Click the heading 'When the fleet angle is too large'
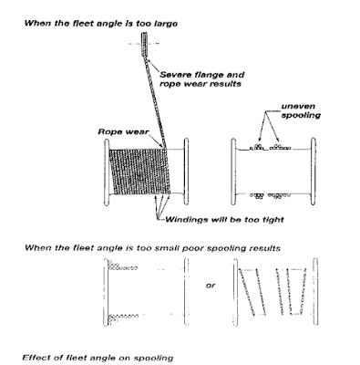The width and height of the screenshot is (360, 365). [x=101, y=24]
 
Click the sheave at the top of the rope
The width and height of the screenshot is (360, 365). [x=145, y=44]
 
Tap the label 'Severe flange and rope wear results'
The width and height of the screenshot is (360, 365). [x=201, y=79]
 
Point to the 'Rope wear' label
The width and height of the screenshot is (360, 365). [x=123, y=131]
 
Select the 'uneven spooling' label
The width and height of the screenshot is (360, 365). [x=300, y=110]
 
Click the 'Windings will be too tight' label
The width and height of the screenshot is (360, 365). [x=224, y=220]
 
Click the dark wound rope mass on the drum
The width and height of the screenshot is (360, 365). [x=139, y=172]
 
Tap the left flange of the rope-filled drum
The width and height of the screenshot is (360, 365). [x=107, y=172]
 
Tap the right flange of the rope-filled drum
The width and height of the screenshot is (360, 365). [x=186, y=172]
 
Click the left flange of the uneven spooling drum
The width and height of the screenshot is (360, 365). [x=233, y=172]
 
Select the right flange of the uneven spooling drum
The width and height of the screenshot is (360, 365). [x=314, y=172]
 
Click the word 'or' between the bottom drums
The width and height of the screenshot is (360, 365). [x=211, y=286]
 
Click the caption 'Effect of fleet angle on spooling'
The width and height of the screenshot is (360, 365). [x=98, y=358]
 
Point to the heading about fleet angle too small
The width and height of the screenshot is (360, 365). [x=152, y=248]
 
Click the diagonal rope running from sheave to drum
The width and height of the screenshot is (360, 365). [x=156, y=101]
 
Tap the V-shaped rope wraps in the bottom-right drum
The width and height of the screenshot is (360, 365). [x=291, y=291]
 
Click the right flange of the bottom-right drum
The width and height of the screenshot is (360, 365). [x=315, y=292]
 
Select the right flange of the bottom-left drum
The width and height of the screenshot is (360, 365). [x=186, y=292]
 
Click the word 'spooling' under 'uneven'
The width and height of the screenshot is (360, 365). [x=301, y=115]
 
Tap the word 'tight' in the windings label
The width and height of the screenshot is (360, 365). [x=273, y=220]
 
